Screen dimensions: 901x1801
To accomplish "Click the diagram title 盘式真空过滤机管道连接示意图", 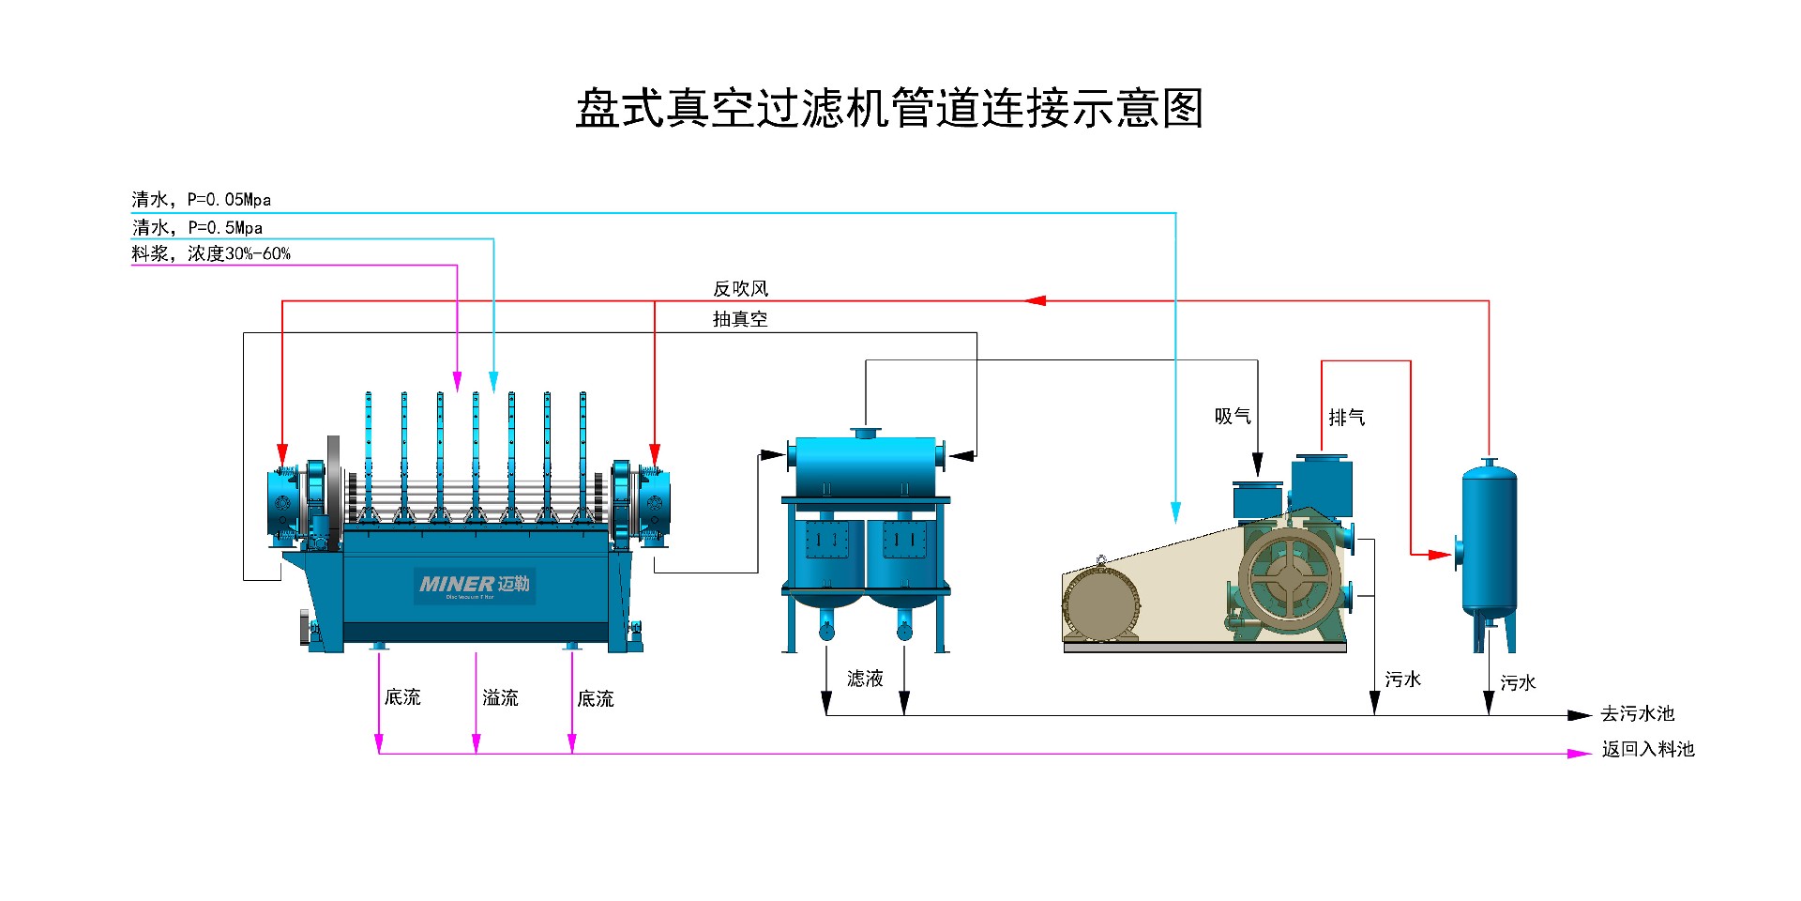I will tap(889, 108).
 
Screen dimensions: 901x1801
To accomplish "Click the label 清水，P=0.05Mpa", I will tap(201, 199).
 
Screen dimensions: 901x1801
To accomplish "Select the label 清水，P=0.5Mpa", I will tap(197, 227).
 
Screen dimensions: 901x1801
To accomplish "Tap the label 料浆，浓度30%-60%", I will tap(211, 253).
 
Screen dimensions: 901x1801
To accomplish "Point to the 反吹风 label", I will tap(740, 288).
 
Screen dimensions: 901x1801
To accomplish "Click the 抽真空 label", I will tap(740, 319).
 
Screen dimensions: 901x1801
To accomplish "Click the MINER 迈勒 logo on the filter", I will tap(475, 585).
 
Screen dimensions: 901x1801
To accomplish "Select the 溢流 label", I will tap(500, 697).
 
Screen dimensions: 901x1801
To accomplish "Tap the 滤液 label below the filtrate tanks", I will tap(865, 679).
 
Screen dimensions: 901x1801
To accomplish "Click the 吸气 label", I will tap(1233, 416).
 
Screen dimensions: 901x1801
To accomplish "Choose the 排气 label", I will tap(1346, 417).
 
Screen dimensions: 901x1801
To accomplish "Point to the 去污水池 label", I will tap(1637, 713).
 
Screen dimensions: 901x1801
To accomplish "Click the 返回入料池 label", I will tap(1648, 749).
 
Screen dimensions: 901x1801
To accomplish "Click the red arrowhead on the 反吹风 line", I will tap(1035, 301).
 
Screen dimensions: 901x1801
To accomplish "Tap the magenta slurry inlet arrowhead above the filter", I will tap(457, 381).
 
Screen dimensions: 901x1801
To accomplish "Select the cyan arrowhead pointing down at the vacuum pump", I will tap(1175, 512).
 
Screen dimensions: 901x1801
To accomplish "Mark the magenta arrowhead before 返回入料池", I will tap(1580, 754).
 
